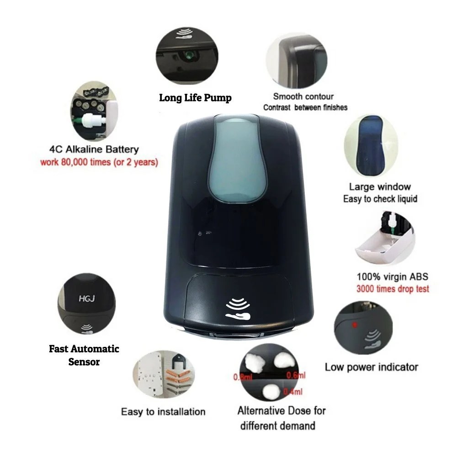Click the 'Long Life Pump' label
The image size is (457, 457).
195,98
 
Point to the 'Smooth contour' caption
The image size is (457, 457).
303,96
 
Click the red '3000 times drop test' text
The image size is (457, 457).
393,289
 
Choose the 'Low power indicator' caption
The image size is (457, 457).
371,367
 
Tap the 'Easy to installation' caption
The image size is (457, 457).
163,412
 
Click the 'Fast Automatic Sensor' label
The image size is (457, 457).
84,355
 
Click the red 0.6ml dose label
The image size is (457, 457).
296,375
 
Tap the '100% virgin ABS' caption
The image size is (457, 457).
392,277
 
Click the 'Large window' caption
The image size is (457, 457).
380,186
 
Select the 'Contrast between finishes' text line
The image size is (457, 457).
305,107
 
